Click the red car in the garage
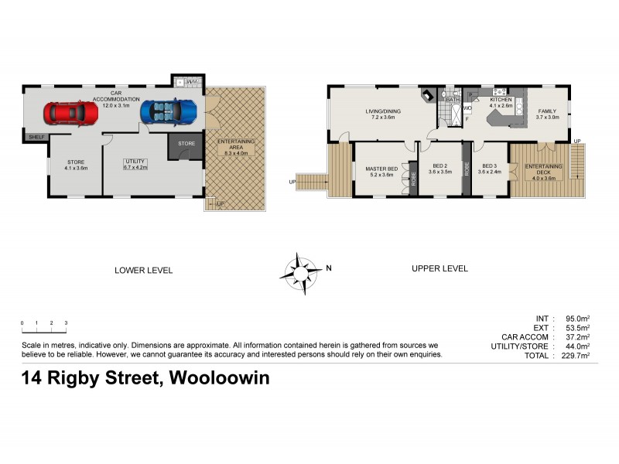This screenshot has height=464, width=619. [x=70, y=114]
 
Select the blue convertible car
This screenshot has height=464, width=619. [x=169, y=111]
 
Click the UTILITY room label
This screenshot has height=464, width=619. [x=135, y=163]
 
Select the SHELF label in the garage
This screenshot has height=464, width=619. [x=36, y=137]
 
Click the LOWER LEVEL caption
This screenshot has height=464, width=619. [x=143, y=270]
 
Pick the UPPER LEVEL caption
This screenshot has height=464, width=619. [x=439, y=269]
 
